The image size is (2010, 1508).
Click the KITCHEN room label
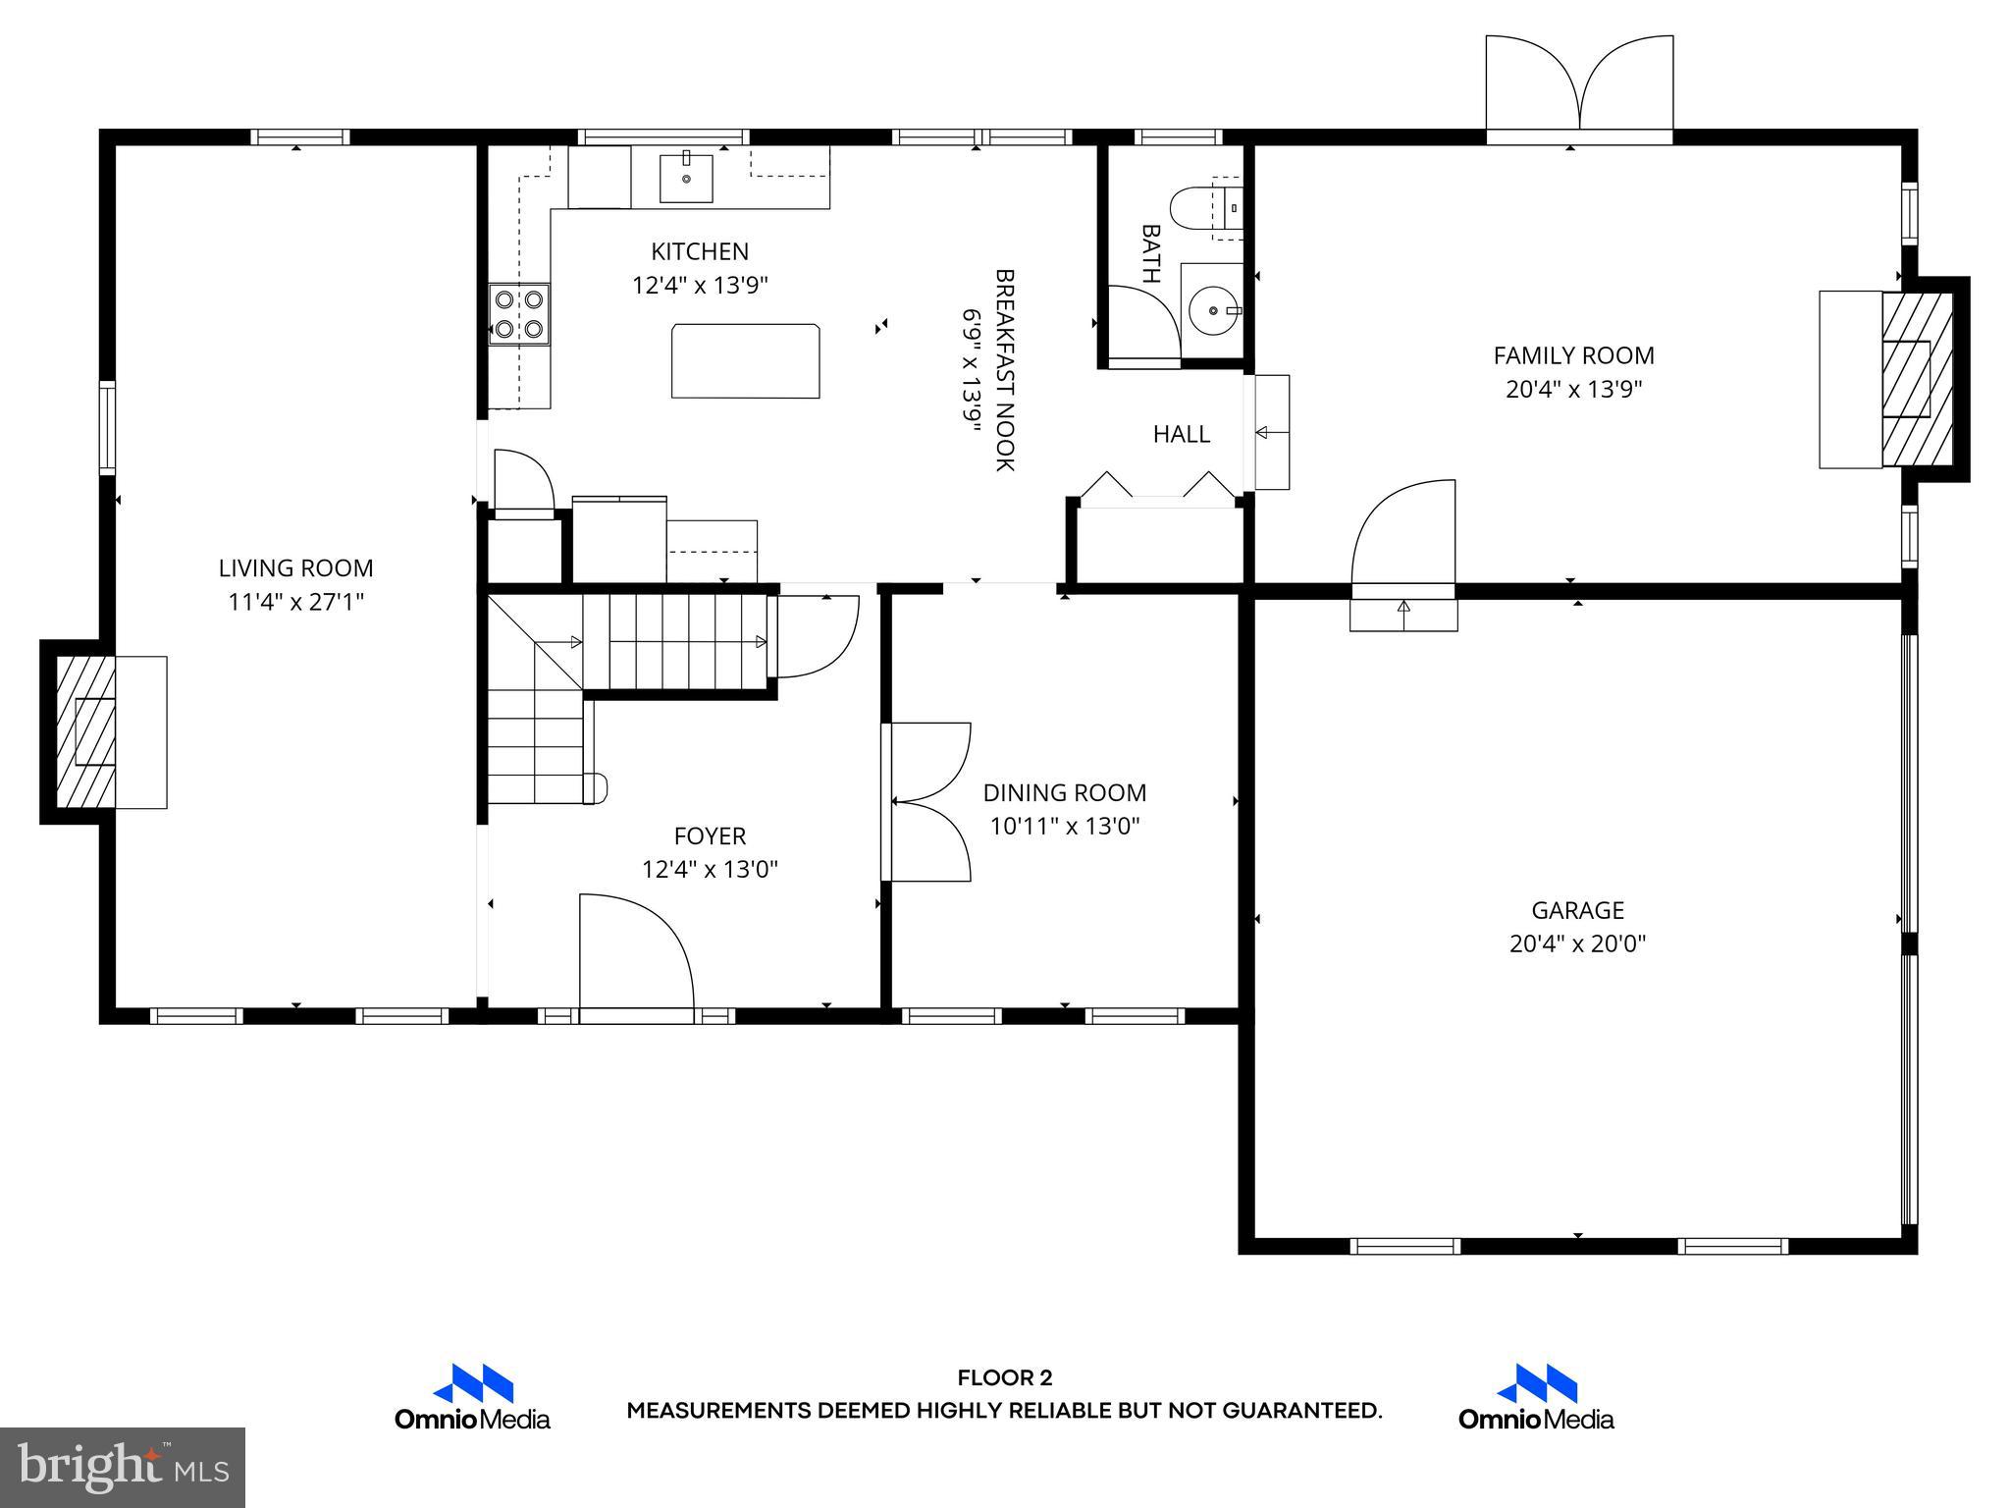coord(700,251)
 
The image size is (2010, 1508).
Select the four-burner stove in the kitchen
coord(519,313)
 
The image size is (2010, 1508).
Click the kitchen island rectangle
coord(746,361)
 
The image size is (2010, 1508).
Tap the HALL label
coord(1181,434)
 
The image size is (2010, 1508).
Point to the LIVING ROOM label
coord(295,567)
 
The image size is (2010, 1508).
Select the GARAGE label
coord(1577,910)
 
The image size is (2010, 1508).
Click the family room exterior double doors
coord(1578,85)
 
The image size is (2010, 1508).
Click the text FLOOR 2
coord(1004,1378)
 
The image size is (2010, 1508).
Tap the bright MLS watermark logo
coord(123,1467)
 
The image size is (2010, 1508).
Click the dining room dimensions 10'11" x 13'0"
coord(1064,827)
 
